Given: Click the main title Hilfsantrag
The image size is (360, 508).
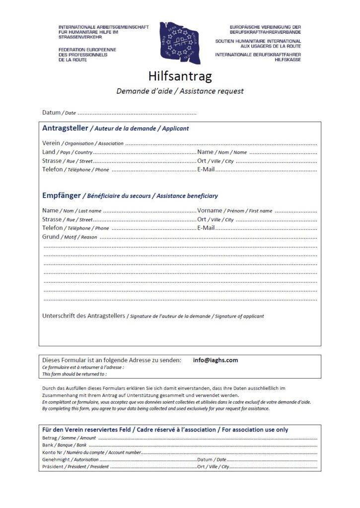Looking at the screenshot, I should pos(180,76).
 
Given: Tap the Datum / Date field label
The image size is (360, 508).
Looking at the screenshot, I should pos(59,113).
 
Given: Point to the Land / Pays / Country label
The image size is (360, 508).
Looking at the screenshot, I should pos(68,152).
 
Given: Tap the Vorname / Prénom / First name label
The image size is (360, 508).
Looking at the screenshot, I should pos(234,211).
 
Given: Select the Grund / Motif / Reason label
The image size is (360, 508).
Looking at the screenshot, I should pos(70,237).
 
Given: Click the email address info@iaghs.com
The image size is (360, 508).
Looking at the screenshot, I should pos(216,360).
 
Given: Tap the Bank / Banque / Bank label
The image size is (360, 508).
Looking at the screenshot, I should pos(65,445).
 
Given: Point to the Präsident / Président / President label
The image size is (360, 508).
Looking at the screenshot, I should pos(75,467).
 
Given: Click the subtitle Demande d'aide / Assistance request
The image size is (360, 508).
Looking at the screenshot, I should pos(180,91).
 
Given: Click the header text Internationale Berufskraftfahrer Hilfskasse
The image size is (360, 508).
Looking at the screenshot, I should pos(258,57).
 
